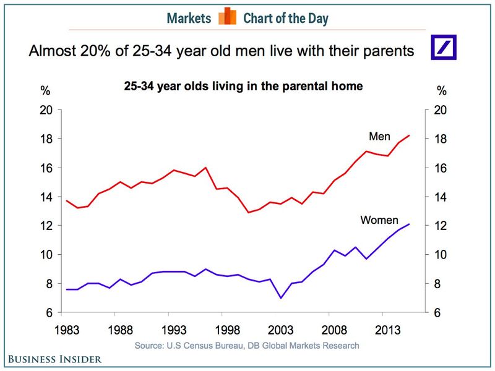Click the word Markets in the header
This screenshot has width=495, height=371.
coord(189,18)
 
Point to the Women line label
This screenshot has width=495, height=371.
coord(379,220)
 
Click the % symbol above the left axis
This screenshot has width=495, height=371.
coord(45,91)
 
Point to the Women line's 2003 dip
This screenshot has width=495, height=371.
coord(280,298)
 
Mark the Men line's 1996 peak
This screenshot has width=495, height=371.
coord(205,168)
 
